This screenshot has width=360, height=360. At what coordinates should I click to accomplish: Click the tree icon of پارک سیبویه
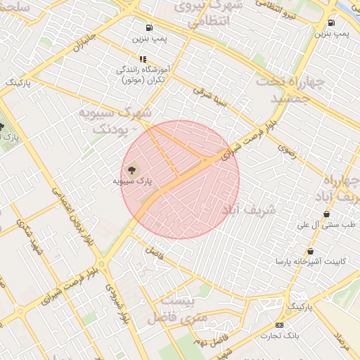[x=131, y=169]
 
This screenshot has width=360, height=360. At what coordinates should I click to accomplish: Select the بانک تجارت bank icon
[x=280, y=325]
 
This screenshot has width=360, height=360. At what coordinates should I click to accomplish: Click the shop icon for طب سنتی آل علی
[x=326, y=214]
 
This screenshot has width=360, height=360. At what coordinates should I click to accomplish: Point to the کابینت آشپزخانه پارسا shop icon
[x=310, y=252]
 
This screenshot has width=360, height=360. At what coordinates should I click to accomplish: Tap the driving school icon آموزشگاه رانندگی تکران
[x=143, y=60]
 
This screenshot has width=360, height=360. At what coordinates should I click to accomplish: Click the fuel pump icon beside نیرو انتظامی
[x=331, y=22]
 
